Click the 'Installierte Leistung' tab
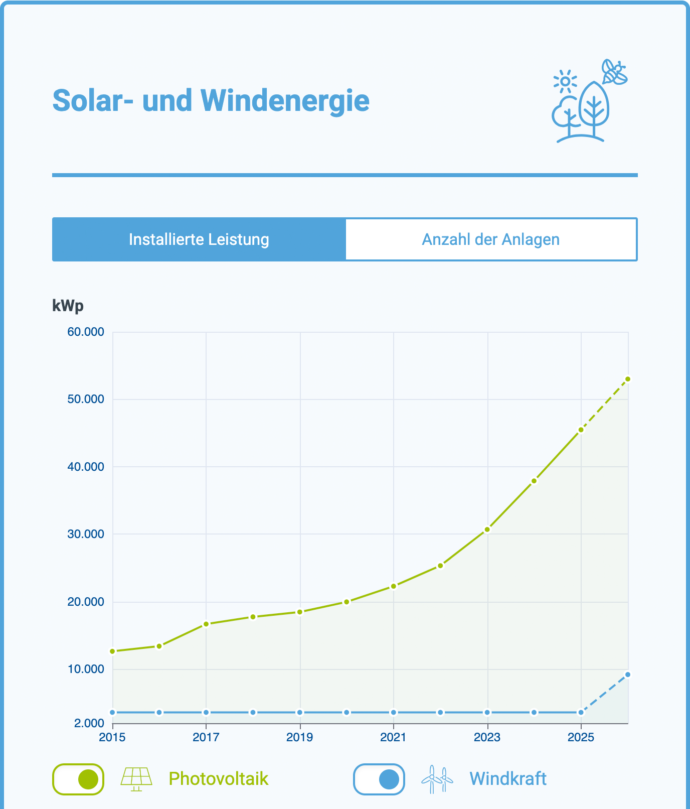tap(199, 239)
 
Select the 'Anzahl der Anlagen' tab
tap(491, 239)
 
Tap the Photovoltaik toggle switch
tap(78, 779)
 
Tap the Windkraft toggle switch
tap(379, 779)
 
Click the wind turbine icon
tap(437, 779)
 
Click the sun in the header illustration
tap(565, 81)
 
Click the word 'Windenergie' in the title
tap(285, 100)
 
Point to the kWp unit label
tap(68, 306)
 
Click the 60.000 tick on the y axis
tap(86, 332)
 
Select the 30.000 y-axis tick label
tap(86, 534)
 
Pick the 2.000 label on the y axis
tap(89, 723)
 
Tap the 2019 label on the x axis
tap(300, 737)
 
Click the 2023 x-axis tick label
tap(487, 737)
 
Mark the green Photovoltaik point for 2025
tap(581, 430)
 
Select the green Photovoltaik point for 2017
tap(206, 624)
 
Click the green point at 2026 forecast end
tap(627, 379)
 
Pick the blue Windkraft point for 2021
tap(394, 712)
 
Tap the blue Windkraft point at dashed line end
tap(627, 675)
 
